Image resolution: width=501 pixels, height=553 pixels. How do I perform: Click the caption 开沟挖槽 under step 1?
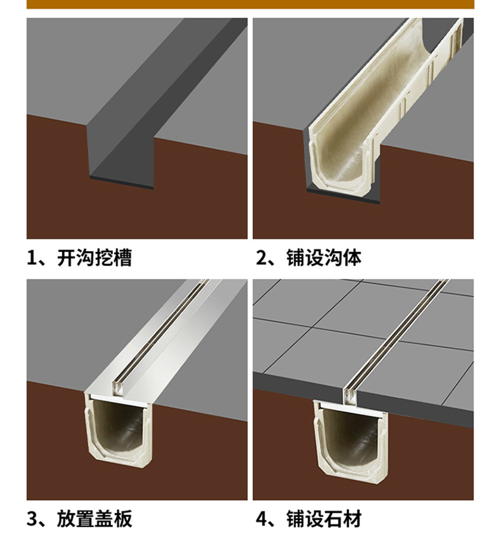(94, 258)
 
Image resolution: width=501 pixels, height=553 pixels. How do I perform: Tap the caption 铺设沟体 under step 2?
(324, 258)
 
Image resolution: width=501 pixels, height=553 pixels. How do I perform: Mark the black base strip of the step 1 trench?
(120, 183)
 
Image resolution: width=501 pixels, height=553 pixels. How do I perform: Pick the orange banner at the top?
(251, 4)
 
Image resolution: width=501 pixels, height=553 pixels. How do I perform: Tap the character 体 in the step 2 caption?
(352, 258)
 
